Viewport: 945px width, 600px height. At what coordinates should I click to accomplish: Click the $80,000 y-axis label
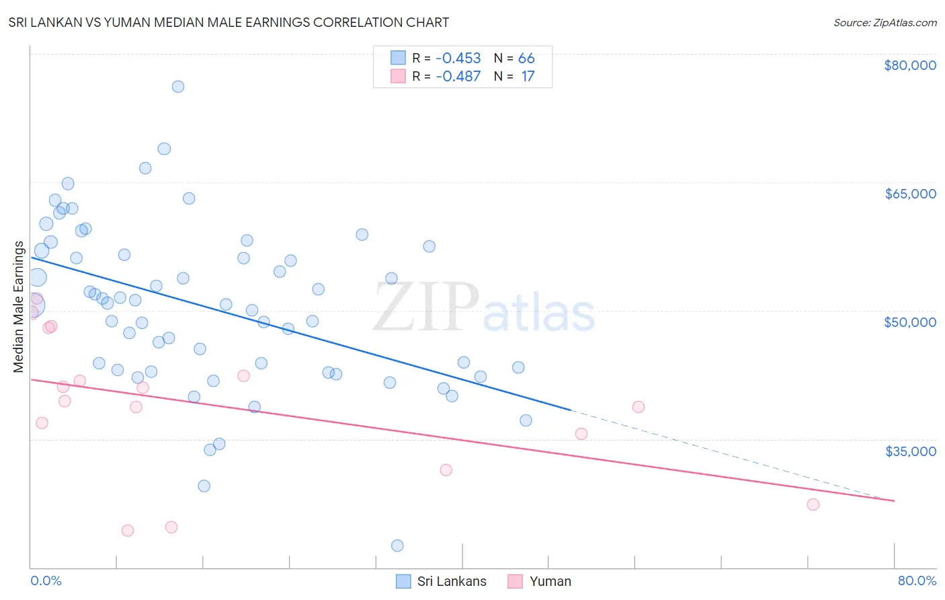point(909,65)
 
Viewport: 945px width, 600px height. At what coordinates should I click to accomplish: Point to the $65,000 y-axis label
point(910,194)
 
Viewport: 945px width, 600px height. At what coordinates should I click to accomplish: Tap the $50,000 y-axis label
point(909,322)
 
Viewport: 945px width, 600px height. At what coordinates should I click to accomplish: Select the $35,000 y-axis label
point(910,451)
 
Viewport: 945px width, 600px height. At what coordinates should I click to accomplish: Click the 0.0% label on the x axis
point(46,580)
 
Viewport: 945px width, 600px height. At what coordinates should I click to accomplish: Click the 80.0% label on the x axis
point(917,580)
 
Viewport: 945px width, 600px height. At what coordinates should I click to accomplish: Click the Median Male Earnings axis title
point(19,307)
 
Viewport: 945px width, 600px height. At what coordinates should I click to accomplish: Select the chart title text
point(229,22)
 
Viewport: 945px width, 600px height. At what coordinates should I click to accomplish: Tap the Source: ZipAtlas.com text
point(885,22)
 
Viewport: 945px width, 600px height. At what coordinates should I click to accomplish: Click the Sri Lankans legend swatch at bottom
point(403,581)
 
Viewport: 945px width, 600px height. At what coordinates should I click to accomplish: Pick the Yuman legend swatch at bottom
point(516,581)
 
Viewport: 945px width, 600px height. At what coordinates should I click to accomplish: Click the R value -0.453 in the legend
point(458,59)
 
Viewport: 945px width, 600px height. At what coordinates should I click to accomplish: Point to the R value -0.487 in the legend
point(458,77)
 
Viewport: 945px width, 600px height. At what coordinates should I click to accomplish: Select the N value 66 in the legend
point(526,59)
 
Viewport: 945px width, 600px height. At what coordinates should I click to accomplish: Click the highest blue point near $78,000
point(178,87)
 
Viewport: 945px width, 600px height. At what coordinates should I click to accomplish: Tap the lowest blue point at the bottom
point(397,546)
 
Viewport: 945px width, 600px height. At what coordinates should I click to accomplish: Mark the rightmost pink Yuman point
point(813,504)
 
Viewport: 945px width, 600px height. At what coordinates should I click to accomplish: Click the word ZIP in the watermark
point(426,307)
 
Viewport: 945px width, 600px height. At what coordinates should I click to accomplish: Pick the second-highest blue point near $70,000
point(164,149)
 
